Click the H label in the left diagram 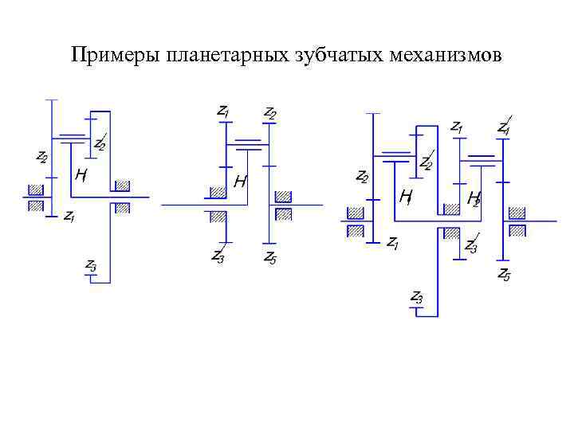[81, 174]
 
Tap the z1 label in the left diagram [69, 216]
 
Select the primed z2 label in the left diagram [100, 143]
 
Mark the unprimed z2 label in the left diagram [41, 157]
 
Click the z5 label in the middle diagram [270, 256]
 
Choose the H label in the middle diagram [240, 182]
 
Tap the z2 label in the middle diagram [270, 112]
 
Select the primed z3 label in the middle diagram [218, 255]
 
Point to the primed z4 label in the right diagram [504, 126]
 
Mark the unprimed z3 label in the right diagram [416, 297]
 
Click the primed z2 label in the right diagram [427, 162]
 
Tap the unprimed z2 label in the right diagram [362, 176]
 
